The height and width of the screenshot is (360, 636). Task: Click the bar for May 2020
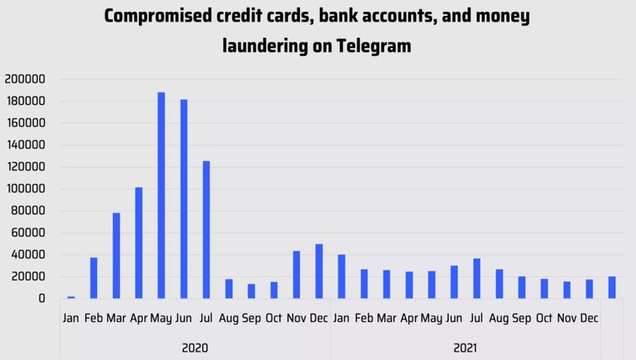(161, 195)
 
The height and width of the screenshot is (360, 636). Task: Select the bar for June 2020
(184, 198)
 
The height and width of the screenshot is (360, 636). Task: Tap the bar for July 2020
(206, 229)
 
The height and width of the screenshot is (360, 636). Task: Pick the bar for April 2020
(138, 242)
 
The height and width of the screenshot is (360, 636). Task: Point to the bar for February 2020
(94, 278)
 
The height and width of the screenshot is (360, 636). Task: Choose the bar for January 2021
(341, 276)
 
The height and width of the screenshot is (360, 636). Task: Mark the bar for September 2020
(251, 290)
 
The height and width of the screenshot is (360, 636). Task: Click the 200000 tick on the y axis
(25, 79)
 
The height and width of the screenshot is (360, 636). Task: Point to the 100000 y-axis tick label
(25, 189)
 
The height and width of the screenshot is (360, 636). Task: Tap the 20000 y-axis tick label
(28, 277)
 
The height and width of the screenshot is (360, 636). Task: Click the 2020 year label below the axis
(195, 348)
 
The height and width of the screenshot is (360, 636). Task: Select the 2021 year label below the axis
(465, 348)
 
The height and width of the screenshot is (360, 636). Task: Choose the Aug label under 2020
(229, 319)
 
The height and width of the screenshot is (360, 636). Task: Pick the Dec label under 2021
(590, 319)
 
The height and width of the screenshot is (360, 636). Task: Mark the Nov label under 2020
(297, 319)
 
